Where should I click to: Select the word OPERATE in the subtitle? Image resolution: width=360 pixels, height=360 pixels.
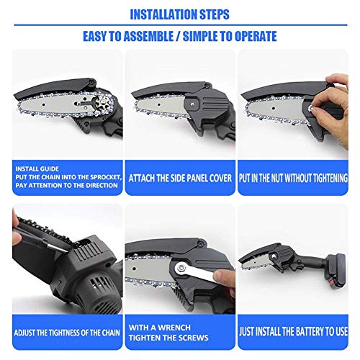[x=256, y=36]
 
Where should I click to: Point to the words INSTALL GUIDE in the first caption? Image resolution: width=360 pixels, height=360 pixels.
[x=37, y=168]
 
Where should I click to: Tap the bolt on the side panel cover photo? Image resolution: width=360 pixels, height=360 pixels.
[x=193, y=104]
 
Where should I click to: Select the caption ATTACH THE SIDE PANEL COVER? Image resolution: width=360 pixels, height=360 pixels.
[x=180, y=179]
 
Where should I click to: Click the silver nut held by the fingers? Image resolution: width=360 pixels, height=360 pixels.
[x=312, y=109]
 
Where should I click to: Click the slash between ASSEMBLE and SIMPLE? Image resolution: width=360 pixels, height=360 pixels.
[x=178, y=37]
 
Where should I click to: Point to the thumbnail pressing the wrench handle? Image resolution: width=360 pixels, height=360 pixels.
[x=218, y=275]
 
